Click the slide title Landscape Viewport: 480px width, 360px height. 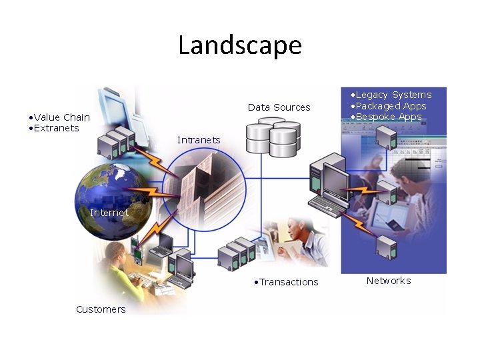point(240,45)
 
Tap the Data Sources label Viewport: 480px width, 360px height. point(279,107)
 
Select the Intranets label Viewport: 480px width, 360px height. point(199,140)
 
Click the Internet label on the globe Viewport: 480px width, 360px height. point(109,213)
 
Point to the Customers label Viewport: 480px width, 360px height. point(101,309)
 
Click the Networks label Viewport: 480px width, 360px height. point(389,281)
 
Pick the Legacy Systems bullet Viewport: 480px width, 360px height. point(393,95)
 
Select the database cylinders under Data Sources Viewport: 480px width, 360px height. point(273,137)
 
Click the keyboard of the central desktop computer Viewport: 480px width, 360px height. point(327,205)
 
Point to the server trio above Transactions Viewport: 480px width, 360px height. point(237,252)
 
